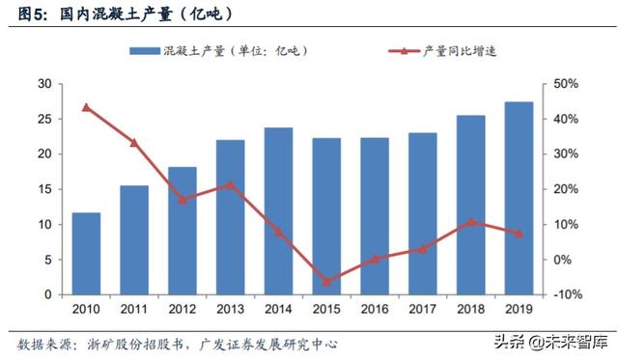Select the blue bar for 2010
[86, 253]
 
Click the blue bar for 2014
[278, 210]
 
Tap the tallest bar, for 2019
[519, 198]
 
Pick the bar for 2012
[183, 231]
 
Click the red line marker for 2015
[326, 282]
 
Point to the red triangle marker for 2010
[86, 107]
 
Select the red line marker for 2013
[230, 184]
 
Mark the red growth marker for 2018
[470, 222]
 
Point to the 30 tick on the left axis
[44, 84]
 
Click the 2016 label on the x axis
[375, 309]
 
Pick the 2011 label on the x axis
[134, 309]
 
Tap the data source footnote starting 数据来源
[179, 344]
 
